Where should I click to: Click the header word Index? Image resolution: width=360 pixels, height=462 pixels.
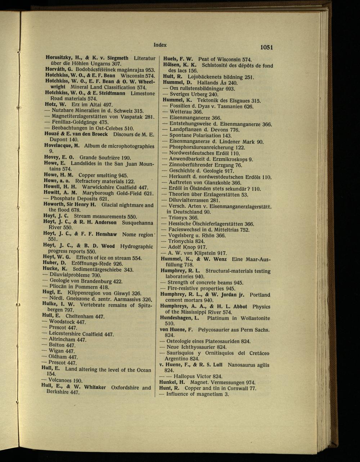coord(160,45)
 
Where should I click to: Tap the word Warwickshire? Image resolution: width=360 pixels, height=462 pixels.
coord(99,187)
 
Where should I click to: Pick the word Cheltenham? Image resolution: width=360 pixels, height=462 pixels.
coord(80,316)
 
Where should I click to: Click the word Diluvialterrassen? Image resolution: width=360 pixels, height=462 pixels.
coord(189,201)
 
